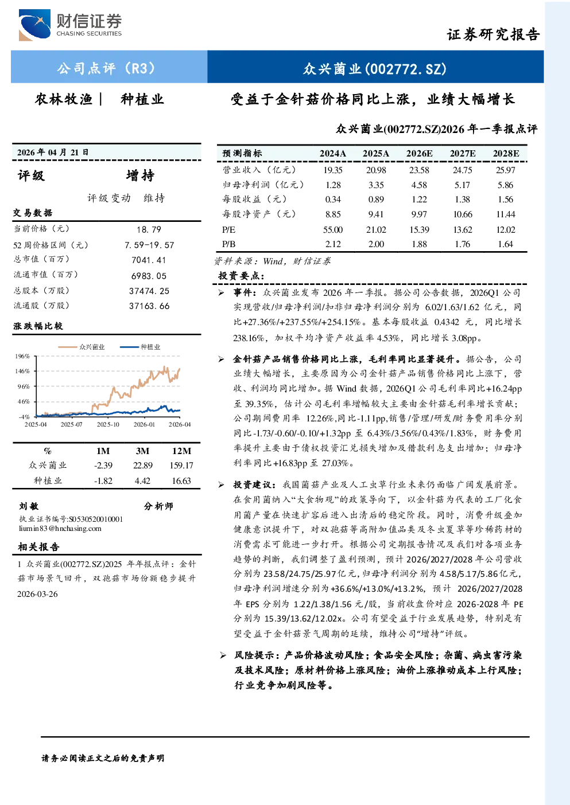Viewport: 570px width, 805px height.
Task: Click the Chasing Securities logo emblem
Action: (x=35, y=25)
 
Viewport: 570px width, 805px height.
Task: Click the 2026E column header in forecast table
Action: (x=419, y=154)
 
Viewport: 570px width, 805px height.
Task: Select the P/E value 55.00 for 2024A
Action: (x=333, y=230)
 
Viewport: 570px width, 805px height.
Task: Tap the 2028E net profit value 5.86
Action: (x=505, y=185)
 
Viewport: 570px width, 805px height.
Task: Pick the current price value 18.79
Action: (x=149, y=229)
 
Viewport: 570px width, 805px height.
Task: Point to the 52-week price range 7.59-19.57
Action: (x=149, y=245)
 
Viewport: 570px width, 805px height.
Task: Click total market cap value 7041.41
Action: (x=149, y=260)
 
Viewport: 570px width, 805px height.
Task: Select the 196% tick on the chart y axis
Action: (x=22, y=356)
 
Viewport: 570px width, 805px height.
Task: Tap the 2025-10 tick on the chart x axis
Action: (x=108, y=424)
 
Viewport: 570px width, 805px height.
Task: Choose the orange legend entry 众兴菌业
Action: (x=82, y=347)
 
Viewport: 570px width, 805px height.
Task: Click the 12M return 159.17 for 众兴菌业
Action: (x=181, y=466)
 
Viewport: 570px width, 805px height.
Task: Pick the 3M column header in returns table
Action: (x=142, y=451)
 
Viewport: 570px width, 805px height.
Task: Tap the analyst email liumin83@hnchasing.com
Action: (x=60, y=529)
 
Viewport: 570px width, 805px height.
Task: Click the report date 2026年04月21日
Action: (x=53, y=153)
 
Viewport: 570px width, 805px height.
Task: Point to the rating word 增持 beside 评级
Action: (x=140, y=175)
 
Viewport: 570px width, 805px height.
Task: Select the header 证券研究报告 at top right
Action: (x=493, y=34)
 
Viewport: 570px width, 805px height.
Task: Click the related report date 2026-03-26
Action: (x=37, y=594)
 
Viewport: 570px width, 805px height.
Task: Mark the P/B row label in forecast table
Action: (x=229, y=244)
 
